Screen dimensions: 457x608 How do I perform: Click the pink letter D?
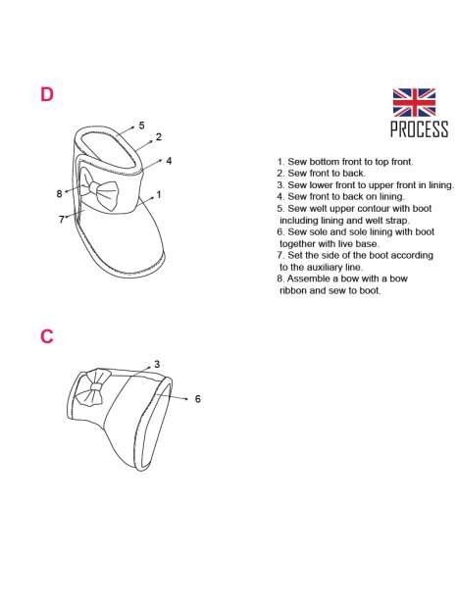click(46, 94)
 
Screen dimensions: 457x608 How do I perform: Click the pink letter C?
click(46, 336)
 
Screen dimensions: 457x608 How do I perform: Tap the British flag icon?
click(414, 102)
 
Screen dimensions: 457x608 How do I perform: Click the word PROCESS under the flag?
click(419, 129)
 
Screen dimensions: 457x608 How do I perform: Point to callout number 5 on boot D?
click(141, 126)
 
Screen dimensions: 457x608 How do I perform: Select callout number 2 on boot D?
click(159, 137)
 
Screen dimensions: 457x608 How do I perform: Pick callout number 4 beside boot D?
click(169, 161)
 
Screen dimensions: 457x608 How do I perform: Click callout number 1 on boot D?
click(159, 194)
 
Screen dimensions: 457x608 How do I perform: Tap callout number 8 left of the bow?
click(59, 193)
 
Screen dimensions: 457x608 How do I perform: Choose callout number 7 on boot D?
click(61, 220)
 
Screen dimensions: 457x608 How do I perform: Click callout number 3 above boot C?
click(157, 364)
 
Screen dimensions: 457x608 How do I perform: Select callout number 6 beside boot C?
click(198, 398)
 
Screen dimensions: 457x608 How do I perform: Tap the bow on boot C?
click(92, 387)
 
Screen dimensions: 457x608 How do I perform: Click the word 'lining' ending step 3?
click(440, 185)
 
